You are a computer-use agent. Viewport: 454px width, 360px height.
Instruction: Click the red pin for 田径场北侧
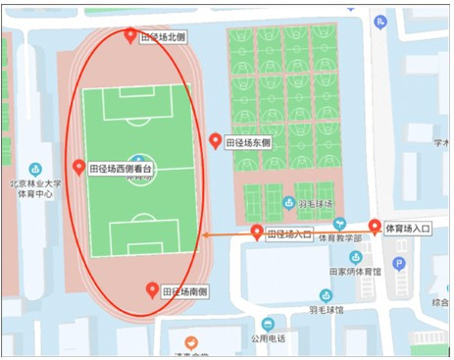click(131, 36)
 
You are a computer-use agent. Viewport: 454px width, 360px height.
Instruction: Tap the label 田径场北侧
click(162, 37)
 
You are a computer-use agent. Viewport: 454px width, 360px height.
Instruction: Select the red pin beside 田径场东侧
click(216, 141)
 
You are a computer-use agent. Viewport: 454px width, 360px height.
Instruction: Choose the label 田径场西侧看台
click(121, 169)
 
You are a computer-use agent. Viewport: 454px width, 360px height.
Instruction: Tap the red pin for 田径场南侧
click(152, 289)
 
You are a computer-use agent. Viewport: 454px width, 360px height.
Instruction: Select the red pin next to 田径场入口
click(257, 232)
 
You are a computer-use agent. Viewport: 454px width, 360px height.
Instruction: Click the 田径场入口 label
click(289, 234)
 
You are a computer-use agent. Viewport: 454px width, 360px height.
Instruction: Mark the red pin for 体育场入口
click(375, 228)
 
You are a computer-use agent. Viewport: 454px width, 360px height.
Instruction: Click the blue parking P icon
click(398, 263)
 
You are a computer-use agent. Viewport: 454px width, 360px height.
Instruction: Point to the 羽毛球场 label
click(314, 204)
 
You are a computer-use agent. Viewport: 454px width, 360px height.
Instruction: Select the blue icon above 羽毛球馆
click(327, 295)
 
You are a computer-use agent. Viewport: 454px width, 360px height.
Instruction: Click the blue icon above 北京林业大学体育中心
click(35, 169)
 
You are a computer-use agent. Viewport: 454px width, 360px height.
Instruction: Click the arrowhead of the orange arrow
click(204, 234)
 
